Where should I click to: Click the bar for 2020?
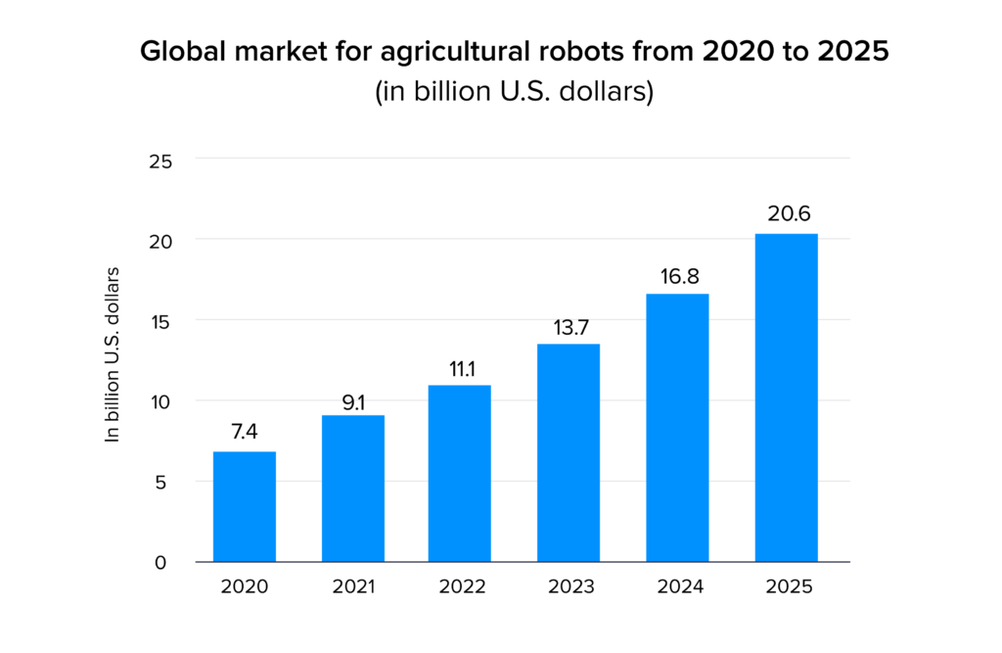[245, 506]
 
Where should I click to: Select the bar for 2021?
[353, 489]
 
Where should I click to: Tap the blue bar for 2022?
[460, 473]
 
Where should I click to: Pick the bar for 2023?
[569, 452]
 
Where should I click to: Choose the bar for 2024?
[677, 428]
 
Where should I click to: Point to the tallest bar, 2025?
[786, 397]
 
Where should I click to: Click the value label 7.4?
[245, 431]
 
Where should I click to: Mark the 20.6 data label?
[786, 213]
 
